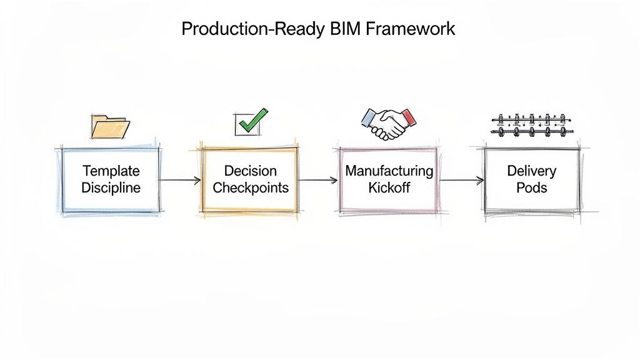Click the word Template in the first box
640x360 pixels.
[111, 171]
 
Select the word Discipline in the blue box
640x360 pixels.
[111, 187]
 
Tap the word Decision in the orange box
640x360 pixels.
[250, 171]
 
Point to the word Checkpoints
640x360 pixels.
[250, 187]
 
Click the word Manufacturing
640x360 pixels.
[389, 170]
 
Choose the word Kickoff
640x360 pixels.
[389, 187]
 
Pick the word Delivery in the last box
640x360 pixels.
[531, 171]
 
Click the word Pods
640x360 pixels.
[531, 187]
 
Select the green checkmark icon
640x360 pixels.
[252, 121]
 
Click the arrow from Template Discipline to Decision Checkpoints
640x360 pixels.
[180, 180]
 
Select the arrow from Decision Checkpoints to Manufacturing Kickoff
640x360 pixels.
[318, 180]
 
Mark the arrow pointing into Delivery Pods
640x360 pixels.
[462, 180]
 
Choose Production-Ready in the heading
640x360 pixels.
[249, 29]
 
